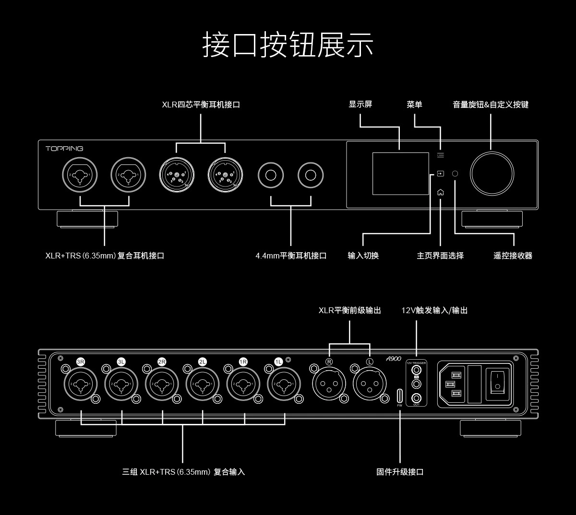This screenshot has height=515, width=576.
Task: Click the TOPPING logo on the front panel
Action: pyautogui.click(x=64, y=149)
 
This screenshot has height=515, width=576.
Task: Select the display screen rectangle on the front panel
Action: pyautogui.click(x=400, y=174)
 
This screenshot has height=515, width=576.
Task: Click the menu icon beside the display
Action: pyautogui.click(x=441, y=155)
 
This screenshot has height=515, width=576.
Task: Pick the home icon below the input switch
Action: pyautogui.click(x=441, y=192)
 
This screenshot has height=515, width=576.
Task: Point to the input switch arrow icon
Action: pyautogui.click(x=441, y=174)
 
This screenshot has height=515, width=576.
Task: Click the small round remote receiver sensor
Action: pyautogui.click(x=456, y=174)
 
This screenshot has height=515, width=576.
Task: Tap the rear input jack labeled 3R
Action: pyautogui.click(x=81, y=384)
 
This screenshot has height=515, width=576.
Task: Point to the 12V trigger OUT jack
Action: pyautogui.click(x=416, y=397)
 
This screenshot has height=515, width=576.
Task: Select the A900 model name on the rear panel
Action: pyautogui.click(x=393, y=358)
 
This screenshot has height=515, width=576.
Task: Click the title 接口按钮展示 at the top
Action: pyautogui.click(x=288, y=45)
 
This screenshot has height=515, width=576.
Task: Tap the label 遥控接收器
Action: pyautogui.click(x=513, y=256)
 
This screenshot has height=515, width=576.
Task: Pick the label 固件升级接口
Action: pyautogui.click(x=400, y=472)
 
